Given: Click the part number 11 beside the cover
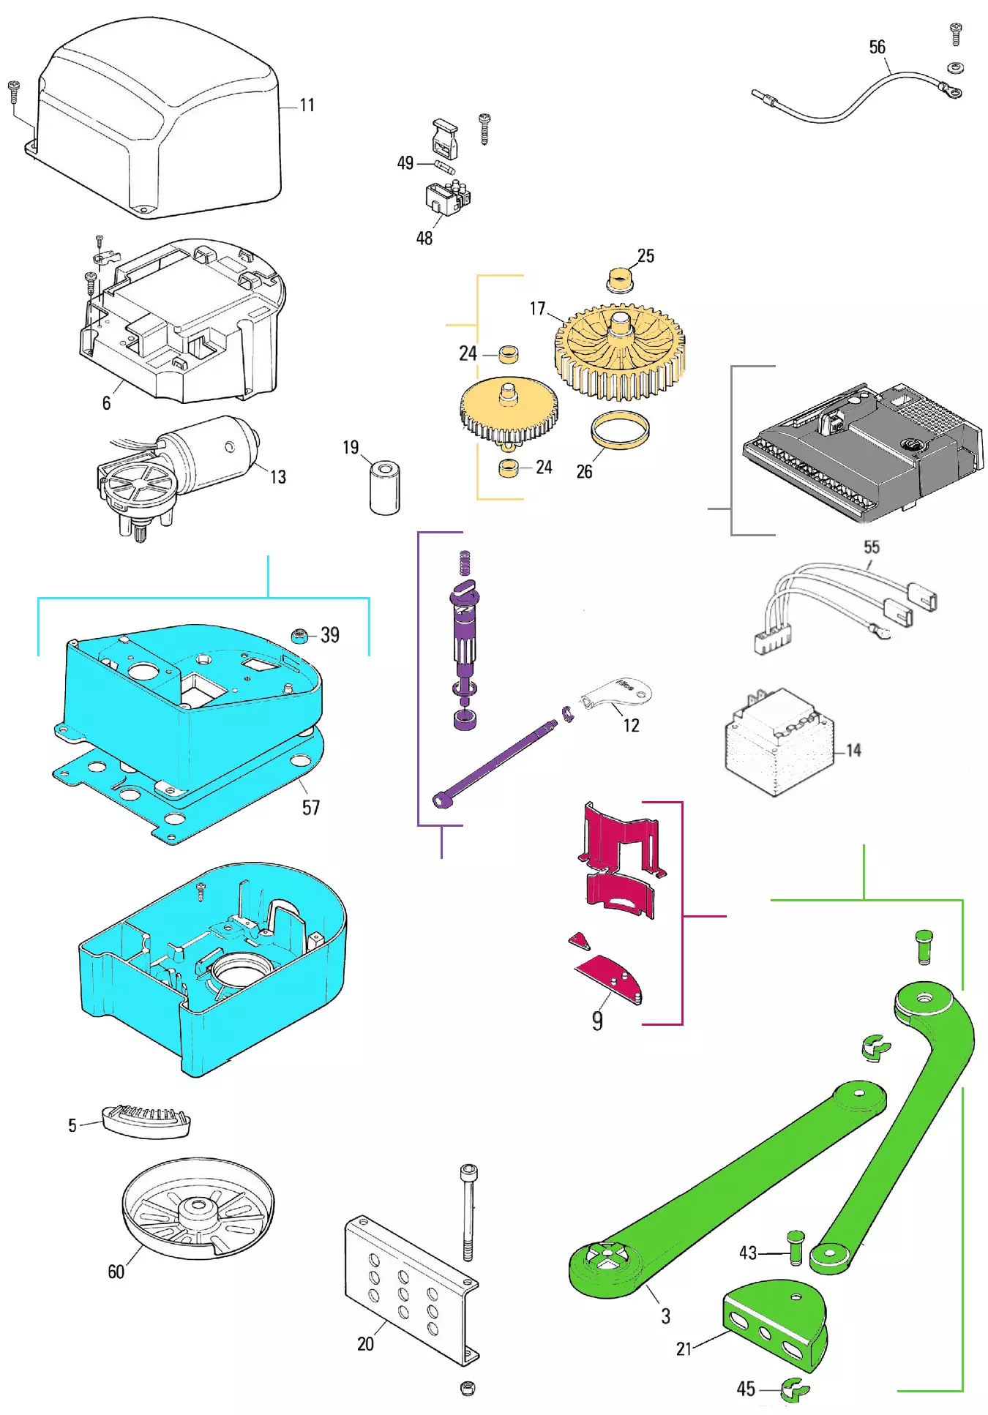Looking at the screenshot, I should [x=307, y=105].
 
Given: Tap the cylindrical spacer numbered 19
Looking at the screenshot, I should [x=385, y=487].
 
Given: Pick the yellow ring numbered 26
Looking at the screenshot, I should [x=620, y=429].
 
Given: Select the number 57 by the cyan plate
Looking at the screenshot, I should [x=311, y=807].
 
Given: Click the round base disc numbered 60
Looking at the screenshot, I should [x=198, y=1207].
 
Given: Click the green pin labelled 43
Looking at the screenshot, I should [x=796, y=1247].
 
